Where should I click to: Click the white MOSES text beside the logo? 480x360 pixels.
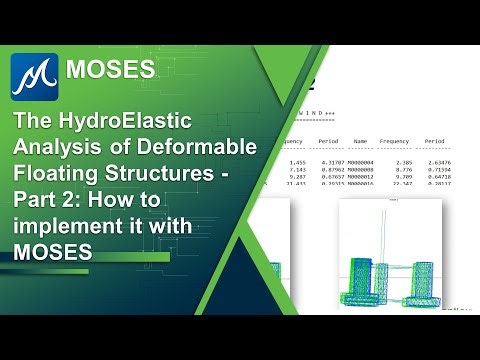110,69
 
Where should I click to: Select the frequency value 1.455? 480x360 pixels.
297,160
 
